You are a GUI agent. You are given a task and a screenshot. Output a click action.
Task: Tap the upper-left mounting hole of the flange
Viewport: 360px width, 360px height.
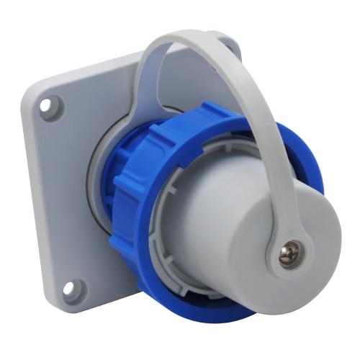48,105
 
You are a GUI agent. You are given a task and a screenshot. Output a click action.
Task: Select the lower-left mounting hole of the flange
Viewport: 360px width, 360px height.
68,289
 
